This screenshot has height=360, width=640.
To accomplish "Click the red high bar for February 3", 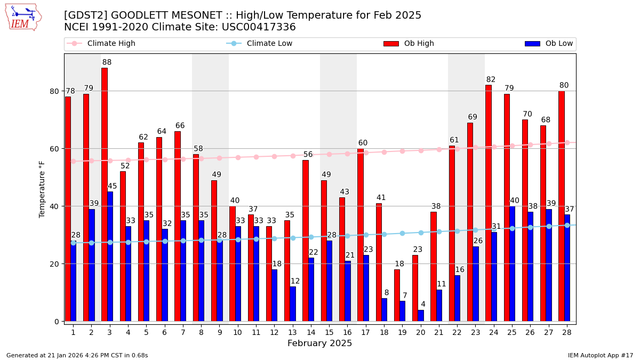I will coord(105,194).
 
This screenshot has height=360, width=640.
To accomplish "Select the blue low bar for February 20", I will coord(421,315).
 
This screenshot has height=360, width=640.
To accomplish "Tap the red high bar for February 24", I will coord(489,203).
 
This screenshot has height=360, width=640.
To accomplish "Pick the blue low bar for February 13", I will coord(293,303).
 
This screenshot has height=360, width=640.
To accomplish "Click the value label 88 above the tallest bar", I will coord(107,62).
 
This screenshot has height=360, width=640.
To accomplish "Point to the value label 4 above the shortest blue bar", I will coord(423,305).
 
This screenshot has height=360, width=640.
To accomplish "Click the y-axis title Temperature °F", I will coord(42,189).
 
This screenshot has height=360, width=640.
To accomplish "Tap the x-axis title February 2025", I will coord(320,343).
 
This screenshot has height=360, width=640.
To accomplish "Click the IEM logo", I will coord(23,17).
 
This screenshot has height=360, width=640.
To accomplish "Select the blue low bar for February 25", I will coord(512,263).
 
